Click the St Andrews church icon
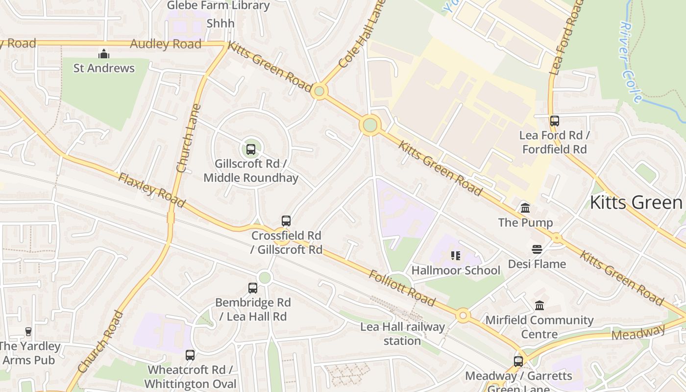pos(104,53)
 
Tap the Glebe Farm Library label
pos(218,6)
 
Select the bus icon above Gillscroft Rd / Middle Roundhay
pos(251,149)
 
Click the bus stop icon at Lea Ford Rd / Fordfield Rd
pos(554,121)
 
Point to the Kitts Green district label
pos(636,202)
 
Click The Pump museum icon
pos(525,208)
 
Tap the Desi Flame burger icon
pos(537,249)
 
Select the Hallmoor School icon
pos(456,256)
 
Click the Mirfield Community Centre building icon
pos(539,306)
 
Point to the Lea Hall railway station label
pos(402,334)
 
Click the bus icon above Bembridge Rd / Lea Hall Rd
pos(253,288)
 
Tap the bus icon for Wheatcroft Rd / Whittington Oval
pos(190,355)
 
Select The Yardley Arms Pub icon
pos(28,332)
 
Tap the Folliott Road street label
pos(402,288)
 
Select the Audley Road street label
pos(166,44)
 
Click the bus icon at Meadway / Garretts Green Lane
pos(518,362)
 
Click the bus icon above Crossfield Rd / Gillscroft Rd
pos(286,221)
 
